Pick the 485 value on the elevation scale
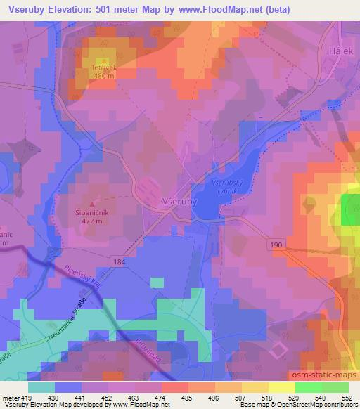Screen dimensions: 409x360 coord(186,397)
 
